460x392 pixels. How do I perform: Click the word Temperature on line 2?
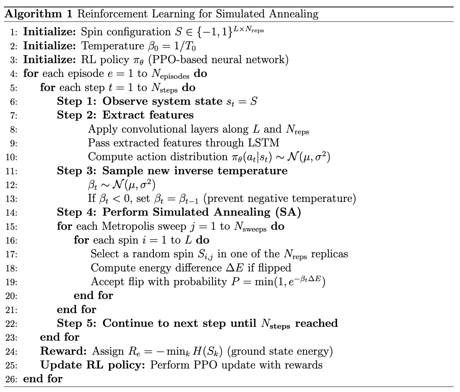(x=113, y=46)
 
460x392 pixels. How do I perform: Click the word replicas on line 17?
(x=329, y=254)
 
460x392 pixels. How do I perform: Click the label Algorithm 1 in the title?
(x=38, y=14)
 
